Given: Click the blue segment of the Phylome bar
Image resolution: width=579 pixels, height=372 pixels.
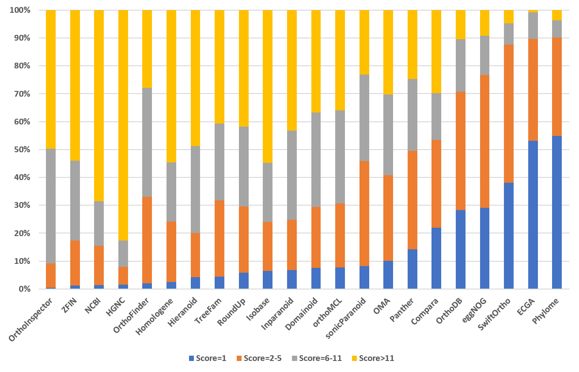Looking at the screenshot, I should [556, 212].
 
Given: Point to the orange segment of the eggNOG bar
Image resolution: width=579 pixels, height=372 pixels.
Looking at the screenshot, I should [484, 142].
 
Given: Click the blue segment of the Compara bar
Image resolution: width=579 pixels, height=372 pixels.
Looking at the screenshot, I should [436, 258].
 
